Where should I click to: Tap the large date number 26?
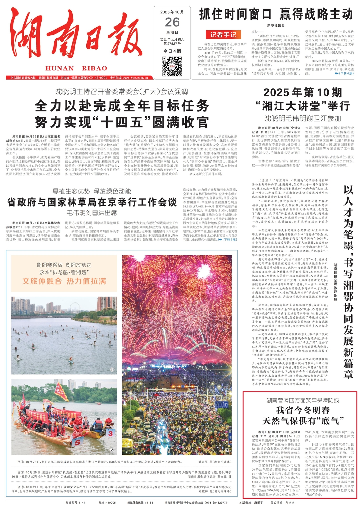pos(172,22)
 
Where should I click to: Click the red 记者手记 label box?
pos(223,35)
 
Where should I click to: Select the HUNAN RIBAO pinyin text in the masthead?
pos(76,68)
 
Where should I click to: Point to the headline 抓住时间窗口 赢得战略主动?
pos(276,14)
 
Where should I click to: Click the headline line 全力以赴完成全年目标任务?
pos(122,106)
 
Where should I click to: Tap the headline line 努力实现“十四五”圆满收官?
pos(122,122)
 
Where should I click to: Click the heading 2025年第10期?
pos(302,92)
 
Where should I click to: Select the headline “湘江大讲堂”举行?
pos(302,106)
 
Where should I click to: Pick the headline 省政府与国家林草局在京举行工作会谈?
pos(92,202)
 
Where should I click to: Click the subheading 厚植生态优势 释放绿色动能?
pos(92,191)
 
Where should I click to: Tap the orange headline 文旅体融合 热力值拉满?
pos(64,281)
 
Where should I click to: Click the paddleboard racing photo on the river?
pos(64,335)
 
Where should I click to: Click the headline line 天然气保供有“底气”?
pos(303,421)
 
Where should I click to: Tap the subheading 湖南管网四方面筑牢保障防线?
pos(303,400)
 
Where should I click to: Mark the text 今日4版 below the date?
pos(172,51)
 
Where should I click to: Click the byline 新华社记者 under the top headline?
pos(276,25)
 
